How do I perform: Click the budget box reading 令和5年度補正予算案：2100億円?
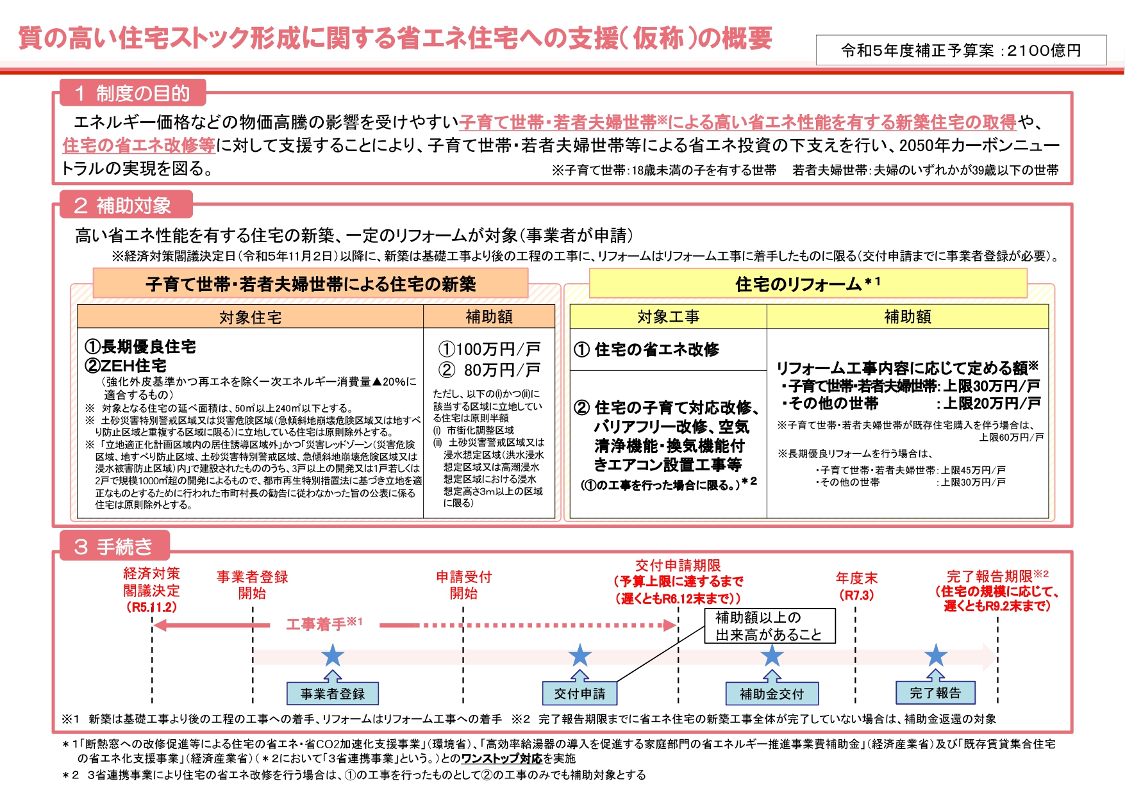coord(961,50)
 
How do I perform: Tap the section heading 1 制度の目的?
coord(133,94)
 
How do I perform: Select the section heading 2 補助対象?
coord(126,205)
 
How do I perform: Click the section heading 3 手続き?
coord(115,546)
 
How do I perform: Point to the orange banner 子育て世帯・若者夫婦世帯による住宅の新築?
coord(311,284)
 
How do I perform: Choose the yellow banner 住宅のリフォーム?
coord(808,283)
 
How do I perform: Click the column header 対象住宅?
coord(250,317)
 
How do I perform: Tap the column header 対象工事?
coord(668,316)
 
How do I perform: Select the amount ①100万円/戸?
coord(489,349)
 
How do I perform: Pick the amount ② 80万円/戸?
coord(489,370)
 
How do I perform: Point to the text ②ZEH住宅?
coord(126,366)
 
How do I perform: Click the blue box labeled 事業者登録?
coord(332,693)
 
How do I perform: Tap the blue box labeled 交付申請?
coord(579,693)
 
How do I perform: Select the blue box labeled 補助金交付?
coord(772,693)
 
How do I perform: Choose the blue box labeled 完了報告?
coord(935,693)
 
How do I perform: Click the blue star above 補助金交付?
coord(772,655)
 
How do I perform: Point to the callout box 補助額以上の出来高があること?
coord(769,626)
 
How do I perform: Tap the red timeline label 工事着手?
coord(324,624)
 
